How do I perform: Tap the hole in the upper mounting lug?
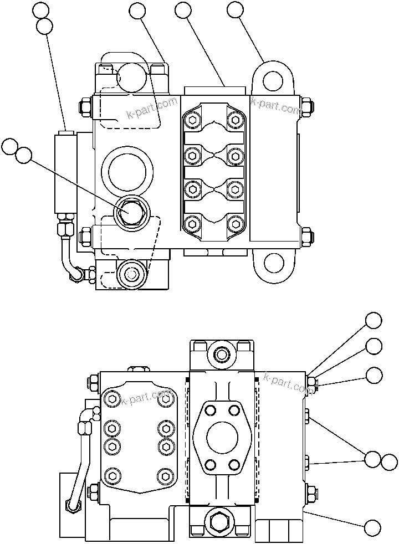point(273,81)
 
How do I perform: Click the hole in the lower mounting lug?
point(273,263)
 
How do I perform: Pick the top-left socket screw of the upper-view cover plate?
point(192,120)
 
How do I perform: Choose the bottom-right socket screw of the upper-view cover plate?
point(236,224)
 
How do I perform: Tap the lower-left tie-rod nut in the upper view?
point(86,237)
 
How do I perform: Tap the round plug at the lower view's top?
point(222,353)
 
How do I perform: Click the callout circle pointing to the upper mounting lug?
point(235,9)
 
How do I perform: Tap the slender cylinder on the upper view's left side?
point(65,172)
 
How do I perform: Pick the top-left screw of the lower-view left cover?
point(113,399)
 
